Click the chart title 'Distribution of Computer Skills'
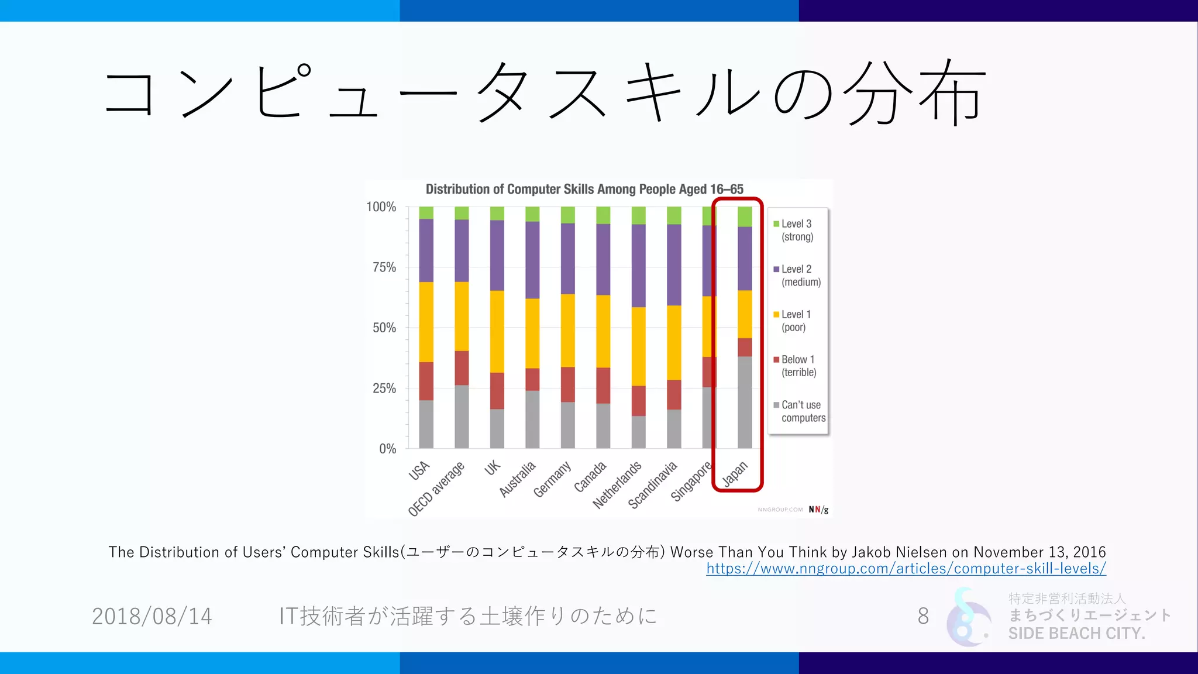tap(584, 189)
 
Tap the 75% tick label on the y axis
tap(384, 267)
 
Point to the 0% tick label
tap(387, 449)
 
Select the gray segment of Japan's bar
tap(745, 403)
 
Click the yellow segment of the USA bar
tap(426, 322)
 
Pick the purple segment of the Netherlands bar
tap(638, 266)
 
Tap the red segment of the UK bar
tap(497, 391)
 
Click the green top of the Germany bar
tap(567, 215)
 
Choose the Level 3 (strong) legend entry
tap(796, 230)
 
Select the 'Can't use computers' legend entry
tap(802, 411)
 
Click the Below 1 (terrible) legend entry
tap(798, 366)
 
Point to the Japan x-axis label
tap(735, 474)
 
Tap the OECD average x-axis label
tap(436, 489)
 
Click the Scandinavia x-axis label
tap(652, 484)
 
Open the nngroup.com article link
tap(906, 569)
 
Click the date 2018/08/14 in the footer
tap(152, 616)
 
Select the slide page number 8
tap(923, 616)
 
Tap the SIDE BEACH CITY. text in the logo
tap(1076, 633)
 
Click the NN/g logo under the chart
tap(818, 510)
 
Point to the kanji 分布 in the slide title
tap(914, 92)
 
